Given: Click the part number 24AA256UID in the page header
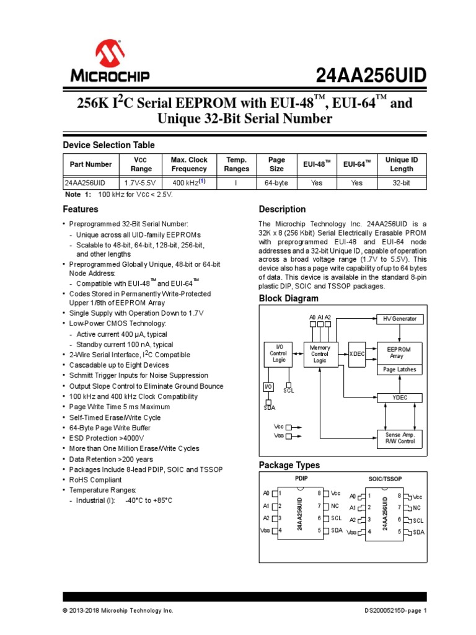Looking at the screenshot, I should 372,76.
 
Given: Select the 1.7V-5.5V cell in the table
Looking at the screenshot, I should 141,184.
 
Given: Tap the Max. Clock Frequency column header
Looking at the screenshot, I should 189,164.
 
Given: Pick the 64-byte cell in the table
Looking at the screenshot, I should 276,184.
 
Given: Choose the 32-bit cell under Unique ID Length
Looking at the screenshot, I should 401,184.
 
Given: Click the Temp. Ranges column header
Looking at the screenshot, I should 236,164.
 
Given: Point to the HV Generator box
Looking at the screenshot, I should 400,319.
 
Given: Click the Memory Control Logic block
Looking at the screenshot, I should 320,354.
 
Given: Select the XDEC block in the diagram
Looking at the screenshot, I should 357,353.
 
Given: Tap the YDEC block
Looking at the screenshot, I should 400,397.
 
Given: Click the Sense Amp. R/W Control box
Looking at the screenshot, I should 400,438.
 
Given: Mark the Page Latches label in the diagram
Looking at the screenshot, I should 400,370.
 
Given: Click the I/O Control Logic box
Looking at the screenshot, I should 278,354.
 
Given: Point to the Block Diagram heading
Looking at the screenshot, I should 288,299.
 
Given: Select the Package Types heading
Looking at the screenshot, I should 289,465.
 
